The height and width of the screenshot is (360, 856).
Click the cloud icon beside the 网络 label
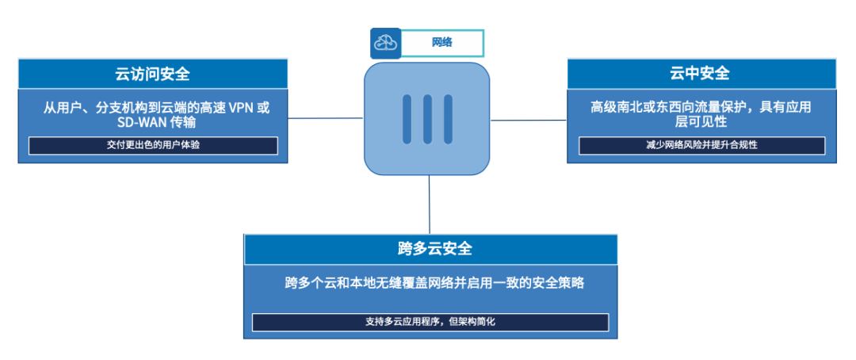[x=386, y=44]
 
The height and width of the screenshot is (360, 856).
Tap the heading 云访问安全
[x=152, y=74]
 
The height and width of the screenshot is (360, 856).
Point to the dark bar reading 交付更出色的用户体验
[x=153, y=146]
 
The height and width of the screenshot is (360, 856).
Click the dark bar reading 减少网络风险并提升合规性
[x=701, y=146]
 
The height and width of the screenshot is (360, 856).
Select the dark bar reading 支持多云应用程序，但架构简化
[x=430, y=322]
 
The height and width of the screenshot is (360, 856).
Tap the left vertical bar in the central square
[x=407, y=119]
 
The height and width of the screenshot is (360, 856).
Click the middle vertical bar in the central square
[x=427, y=119]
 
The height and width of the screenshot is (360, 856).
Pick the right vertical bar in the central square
[x=448, y=119]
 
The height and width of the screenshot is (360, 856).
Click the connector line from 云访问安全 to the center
[x=325, y=118]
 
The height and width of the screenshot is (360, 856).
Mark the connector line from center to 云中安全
[x=529, y=121]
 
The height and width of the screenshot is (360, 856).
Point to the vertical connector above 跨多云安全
[x=429, y=205]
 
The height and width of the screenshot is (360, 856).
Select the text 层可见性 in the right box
[x=701, y=123]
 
